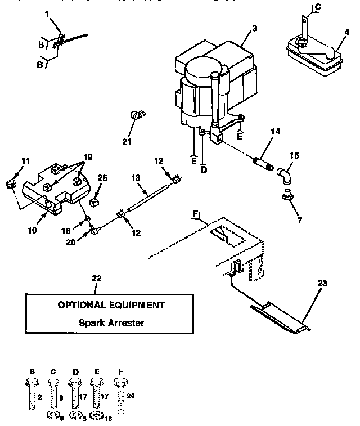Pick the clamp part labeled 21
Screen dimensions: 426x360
click(x=136, y=115)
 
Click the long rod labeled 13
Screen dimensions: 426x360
click(x=149, y=194)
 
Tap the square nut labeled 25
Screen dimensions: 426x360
click(x=94, y=201)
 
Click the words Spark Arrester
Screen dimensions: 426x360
click(x=112, y=322)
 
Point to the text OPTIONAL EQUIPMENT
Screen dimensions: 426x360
click(x=111, y=305)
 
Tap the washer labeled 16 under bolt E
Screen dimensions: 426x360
click(x=97, y=417)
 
